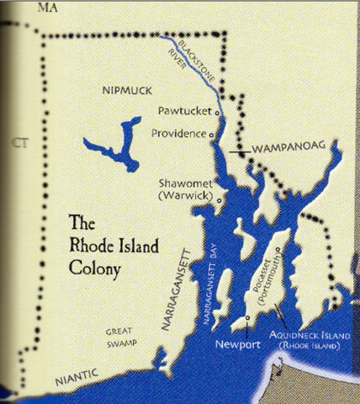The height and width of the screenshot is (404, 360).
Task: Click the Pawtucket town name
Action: (185, 110)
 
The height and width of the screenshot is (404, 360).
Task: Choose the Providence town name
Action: (178, 133)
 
